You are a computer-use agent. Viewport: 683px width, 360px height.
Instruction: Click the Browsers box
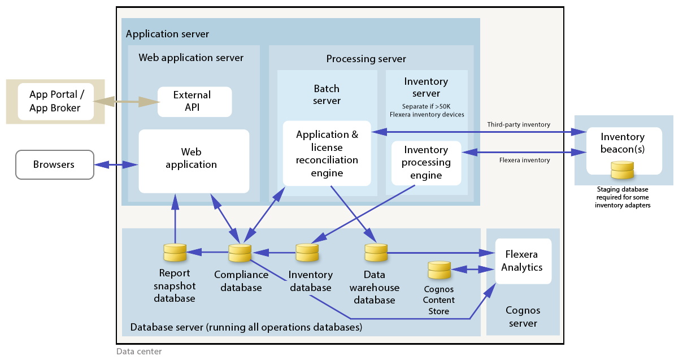54,164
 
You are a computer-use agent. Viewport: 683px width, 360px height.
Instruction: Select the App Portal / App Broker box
55,101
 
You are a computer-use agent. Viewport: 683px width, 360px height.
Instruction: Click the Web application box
194,161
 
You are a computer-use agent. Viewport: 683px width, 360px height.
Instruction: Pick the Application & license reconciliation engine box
327,153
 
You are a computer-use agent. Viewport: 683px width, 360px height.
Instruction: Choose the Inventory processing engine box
426,163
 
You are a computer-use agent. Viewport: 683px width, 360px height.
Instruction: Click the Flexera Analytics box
523,261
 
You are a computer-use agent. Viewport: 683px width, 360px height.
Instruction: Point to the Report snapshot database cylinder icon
175,251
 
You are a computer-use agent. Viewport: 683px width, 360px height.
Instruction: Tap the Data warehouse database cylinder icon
375,252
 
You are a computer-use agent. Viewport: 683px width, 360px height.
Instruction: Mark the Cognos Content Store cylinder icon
439,270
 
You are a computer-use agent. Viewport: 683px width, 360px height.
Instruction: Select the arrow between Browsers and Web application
116,164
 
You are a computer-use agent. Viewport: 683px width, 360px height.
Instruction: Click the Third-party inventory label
519,124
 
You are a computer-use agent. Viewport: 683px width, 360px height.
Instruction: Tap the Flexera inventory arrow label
524,160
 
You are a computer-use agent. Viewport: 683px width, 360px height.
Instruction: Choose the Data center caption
139,352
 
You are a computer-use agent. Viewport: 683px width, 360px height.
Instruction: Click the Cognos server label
523,316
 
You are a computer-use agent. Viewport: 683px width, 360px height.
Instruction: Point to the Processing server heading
366,59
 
